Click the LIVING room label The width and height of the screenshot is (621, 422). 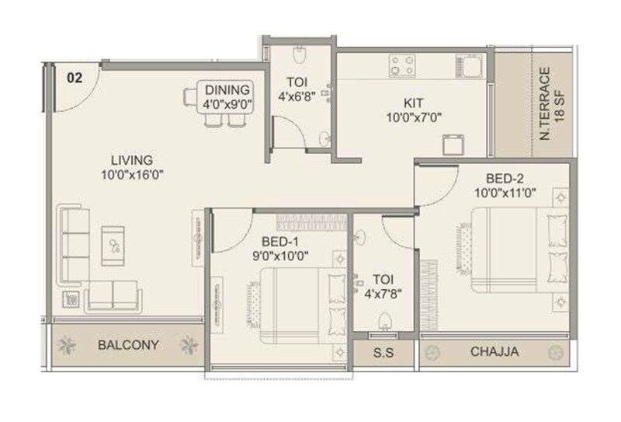tap(131, 160)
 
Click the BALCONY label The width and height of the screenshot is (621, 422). tap(129, 344)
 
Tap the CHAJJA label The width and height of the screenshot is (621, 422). tap(494, 352)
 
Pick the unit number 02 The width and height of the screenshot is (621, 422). tap(75, 77)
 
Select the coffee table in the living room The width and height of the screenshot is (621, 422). tap(113, 246)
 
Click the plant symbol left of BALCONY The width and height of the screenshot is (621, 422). tap(68, 344)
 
